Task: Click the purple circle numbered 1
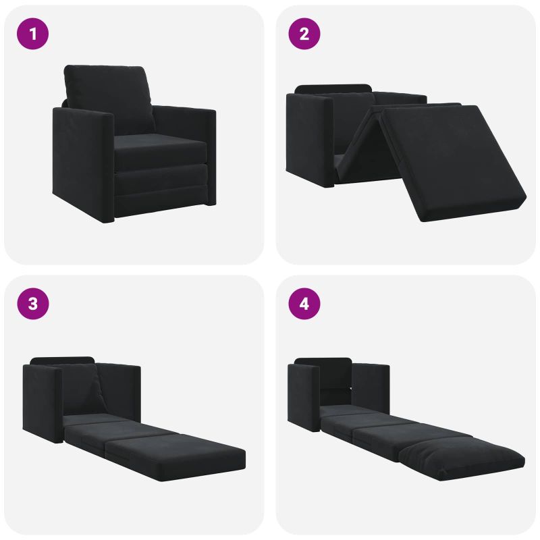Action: [x=32, y=34]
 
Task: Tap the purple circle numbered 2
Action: [x=304, y=34]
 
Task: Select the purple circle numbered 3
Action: [x=32, y=304]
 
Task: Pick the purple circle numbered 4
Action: [x=304, y=304]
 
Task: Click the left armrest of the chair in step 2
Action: [x=309, y=140]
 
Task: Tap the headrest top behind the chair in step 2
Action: [x=333, y=88]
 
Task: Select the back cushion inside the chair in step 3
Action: [x=82, y=389]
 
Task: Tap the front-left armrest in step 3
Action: [x=43, y=404]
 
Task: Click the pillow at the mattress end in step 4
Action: [x=462, y=458]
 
